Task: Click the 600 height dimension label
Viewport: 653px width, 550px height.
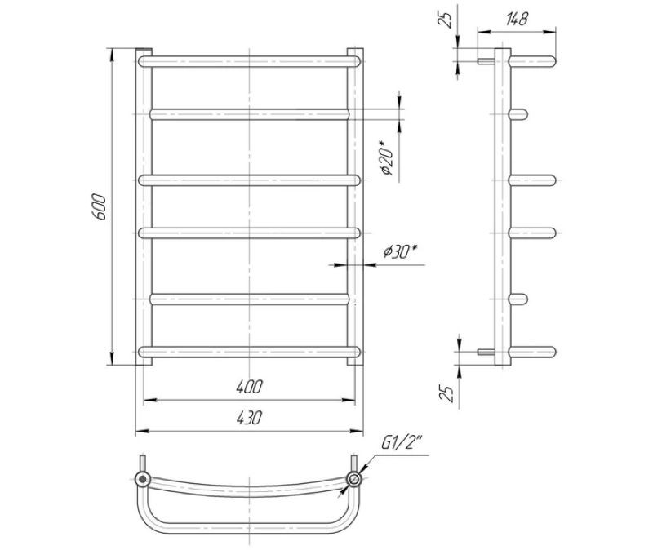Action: pyautogui.click(x=100, y=206)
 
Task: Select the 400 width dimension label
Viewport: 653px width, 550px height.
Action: pyautogui.click(x=250, y=387)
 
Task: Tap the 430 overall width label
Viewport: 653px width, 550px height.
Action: pyautogui.click(x=250, y=418)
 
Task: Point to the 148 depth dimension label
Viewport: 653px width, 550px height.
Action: pyautogui.click(x=517, y=19)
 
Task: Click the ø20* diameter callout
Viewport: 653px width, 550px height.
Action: pyautogui.click(x=387, y=157)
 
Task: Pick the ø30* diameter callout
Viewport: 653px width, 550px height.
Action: pyautogui.click(x=400, y=251)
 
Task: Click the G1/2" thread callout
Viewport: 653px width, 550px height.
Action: pyautogui.click(x=402, y=444)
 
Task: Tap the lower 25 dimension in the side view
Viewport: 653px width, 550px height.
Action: pyautogui.click(x=446, y=393)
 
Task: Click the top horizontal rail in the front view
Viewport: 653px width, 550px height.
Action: pyautogui.click(x=249, y=62)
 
